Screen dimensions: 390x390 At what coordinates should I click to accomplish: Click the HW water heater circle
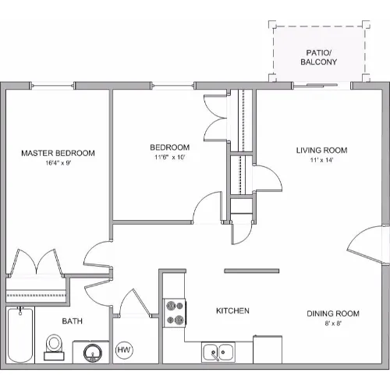(124, 349)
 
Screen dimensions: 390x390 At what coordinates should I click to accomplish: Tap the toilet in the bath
(54, 347)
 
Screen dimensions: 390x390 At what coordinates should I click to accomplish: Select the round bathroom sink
(92, 353)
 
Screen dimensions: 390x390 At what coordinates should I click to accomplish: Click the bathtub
(20, 335)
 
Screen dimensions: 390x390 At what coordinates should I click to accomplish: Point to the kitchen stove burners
(175, 313)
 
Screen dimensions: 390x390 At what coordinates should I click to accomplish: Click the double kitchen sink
(218, 352)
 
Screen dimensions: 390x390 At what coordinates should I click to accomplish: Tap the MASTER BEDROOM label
(58, 153)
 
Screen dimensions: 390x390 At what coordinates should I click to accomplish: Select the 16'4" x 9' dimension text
(58, 163)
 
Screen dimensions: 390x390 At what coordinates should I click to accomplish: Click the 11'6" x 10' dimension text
(170, 158)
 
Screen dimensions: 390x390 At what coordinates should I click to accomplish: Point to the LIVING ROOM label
(322, 151)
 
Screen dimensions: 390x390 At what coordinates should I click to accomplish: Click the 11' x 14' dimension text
(321, 160)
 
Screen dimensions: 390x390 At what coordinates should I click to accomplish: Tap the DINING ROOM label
(333, 314)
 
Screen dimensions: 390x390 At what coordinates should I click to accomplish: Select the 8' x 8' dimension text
(333, 324)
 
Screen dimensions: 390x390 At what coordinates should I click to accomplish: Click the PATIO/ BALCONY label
(319, 57)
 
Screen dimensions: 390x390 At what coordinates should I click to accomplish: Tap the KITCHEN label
(232, 310)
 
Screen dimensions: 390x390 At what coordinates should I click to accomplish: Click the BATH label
(73, 321)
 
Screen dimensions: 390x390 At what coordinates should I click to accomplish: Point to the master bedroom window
(52, 85)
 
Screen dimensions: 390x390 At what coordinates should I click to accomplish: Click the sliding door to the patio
(322, 85)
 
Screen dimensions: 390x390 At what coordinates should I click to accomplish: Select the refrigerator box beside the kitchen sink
(268, 349)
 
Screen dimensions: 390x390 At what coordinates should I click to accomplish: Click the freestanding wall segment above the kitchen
(252, 271)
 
